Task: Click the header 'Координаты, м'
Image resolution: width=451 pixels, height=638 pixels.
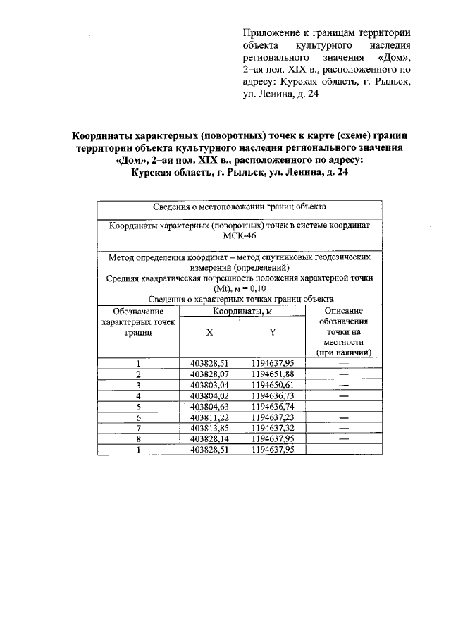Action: (243, 310)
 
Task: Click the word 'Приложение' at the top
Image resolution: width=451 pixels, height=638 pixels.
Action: (268, 32)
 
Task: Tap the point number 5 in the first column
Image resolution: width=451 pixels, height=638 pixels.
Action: (139, 407)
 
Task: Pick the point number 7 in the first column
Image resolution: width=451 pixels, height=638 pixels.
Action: (139, 428)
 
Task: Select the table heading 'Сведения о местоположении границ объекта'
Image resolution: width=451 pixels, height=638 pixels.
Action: (239, 207)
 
